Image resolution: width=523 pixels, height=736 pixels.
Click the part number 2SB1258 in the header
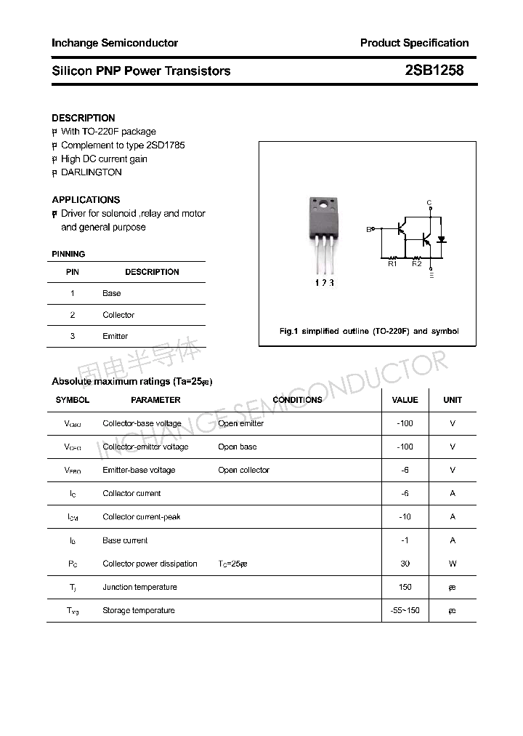434,71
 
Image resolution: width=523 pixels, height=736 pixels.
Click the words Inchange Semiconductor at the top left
115,43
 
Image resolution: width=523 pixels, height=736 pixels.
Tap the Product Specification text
414,43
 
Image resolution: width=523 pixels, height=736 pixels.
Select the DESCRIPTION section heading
84,118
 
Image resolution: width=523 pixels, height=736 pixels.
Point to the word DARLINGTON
92,172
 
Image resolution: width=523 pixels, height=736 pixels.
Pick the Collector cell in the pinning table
118,315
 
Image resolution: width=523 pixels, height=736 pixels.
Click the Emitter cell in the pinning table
115,336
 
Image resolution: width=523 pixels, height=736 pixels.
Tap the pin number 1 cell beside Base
73,293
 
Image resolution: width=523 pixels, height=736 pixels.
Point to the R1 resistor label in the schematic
392,264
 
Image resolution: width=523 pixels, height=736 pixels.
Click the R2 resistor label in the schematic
417,264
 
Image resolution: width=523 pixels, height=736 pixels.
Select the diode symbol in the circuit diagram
441,239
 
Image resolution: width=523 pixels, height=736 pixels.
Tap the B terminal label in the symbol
368,229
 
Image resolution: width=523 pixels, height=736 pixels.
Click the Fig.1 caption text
369,331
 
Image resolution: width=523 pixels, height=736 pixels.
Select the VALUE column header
405,400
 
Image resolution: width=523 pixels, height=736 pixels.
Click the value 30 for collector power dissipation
405,564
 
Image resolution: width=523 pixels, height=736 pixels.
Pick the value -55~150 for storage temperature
405,610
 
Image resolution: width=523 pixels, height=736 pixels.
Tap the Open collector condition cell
243,470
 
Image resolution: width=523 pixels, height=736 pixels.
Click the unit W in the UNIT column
453,564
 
